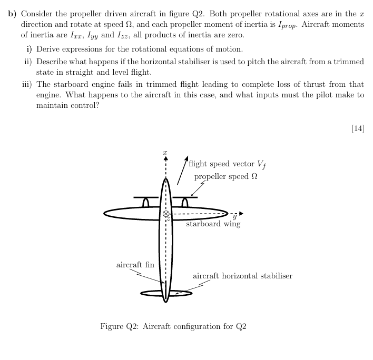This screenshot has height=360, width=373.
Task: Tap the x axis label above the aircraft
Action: [165, 150]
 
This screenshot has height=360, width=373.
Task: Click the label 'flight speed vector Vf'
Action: [227, 164]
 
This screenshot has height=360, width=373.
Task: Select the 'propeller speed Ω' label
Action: [225, 176]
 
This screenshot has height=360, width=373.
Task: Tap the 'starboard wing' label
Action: [213, 224]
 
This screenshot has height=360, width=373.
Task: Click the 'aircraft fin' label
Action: [135, 264]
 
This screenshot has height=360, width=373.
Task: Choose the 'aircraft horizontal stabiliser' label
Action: [242, 276]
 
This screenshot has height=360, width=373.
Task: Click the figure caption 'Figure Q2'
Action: [173, 326]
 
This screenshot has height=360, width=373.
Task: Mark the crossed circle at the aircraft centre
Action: [166, 214]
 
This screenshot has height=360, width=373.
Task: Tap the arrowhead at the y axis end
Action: [241, 214]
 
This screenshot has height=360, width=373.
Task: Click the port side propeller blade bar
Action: [146, 197]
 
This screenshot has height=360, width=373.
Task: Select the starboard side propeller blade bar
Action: [185, 197]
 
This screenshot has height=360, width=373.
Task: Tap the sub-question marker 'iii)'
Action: [27, 84]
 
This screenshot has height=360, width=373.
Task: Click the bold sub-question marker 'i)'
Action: [30, 49]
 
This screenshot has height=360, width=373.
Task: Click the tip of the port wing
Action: [105, 214]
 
